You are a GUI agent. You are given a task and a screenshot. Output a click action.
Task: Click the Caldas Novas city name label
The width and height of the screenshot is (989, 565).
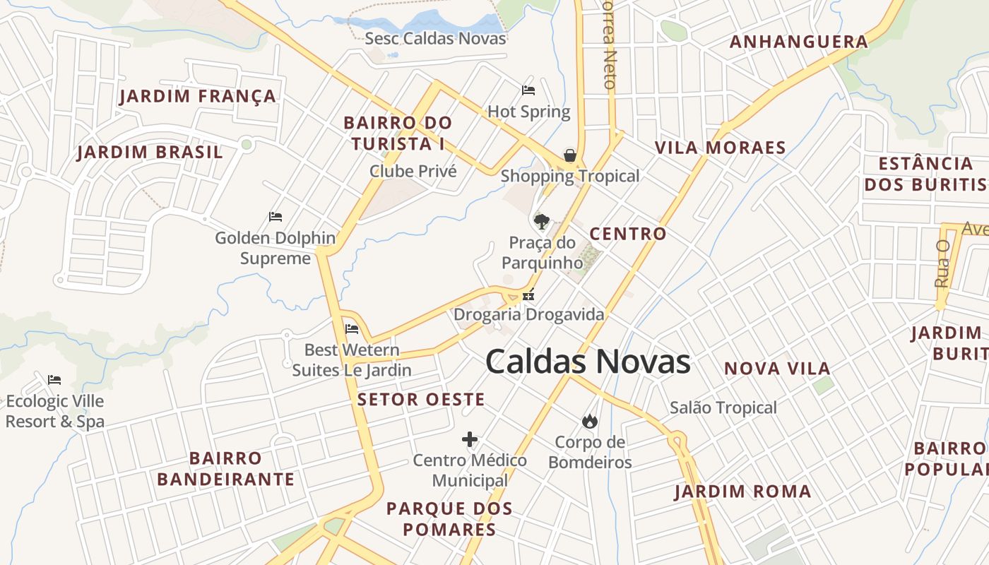(x=588, y=362)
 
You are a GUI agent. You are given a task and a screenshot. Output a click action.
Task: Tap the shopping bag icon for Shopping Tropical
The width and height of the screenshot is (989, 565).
(x=569, y=155)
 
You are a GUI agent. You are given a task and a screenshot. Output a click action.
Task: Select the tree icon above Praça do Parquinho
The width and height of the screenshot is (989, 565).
(x=542, y=222)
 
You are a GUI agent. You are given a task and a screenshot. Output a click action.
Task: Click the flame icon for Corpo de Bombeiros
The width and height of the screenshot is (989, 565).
(x=589, y=421)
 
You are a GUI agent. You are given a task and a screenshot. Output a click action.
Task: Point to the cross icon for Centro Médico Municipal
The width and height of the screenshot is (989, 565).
(x=470, y=440)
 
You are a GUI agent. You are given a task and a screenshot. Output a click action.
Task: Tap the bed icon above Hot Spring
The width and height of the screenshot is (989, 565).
(x=528, y=90)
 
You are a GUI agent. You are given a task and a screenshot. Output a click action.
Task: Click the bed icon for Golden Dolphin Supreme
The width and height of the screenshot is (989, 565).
(x=276, y=217)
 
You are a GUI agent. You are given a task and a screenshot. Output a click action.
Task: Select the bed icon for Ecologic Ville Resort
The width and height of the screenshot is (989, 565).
(x=54, y=380)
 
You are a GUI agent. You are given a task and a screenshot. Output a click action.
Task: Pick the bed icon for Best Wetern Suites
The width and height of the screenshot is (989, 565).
(x=352, y=328)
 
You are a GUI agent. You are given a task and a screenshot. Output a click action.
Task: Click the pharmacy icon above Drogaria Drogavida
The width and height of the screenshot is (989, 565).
(x=528, y=296)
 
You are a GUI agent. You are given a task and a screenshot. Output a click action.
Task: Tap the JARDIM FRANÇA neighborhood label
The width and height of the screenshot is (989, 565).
(x=198, y=96)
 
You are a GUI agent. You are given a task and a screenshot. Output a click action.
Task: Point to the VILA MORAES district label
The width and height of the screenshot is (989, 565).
(x=721, y=148)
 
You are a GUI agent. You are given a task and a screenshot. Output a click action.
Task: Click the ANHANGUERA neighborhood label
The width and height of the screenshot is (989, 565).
(x=799, y=42)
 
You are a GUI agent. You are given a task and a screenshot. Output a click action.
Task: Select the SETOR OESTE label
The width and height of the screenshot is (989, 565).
(x=421, y=400)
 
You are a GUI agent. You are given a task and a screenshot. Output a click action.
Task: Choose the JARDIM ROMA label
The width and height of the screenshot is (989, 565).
(x=742, y=492)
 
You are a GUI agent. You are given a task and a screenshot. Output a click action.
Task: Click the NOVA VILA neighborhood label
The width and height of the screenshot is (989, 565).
(x=777, y=369)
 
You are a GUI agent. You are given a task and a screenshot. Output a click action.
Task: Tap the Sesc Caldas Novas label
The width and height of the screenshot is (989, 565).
(x=435, y=38)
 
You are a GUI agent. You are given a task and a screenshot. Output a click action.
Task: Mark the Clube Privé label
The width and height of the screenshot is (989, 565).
(x=413, y=171)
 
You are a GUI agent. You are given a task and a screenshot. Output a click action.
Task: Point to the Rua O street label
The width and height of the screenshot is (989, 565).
(x=942, y=263)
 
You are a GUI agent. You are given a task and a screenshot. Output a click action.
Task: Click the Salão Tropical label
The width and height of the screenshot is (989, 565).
(x=723, y=408)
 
